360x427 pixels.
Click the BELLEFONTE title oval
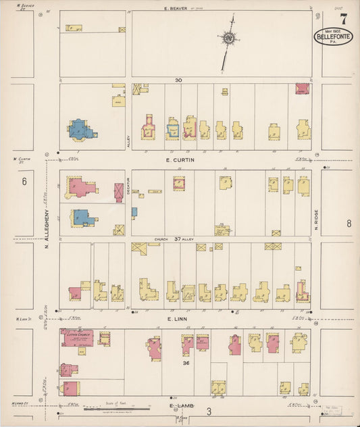pyautogui.click(x=333, y=37)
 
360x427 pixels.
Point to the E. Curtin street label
pyautogui.click(x=180, y=160)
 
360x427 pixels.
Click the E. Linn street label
pyautogui.click(x=179, y=318)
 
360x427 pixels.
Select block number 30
pyautogui.click(x=178, y=80)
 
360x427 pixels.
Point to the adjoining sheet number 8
pyautogui.click(x=349, y=224)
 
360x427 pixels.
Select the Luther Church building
pyautogui.click(x=77, y=336)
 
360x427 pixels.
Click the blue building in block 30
pyautogui.click(x=80, y=129)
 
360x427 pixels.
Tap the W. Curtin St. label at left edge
pyautogui.click(x=23, y=160)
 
